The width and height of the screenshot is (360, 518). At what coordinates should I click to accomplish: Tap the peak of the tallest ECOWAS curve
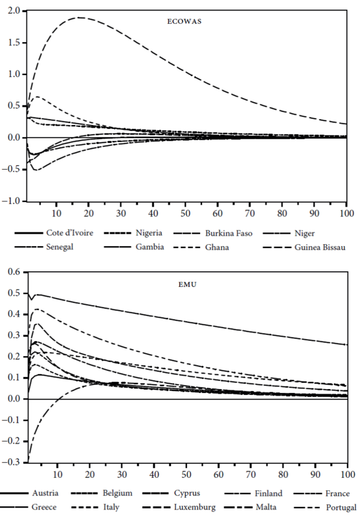tap(80, 17)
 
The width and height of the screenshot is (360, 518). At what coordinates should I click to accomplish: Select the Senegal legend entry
tap(60, 247)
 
